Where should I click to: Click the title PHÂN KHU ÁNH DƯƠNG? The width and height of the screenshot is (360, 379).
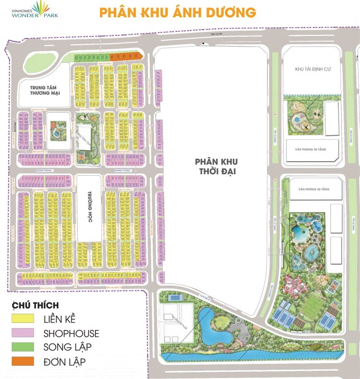pyautogui.click(x=178, y=12)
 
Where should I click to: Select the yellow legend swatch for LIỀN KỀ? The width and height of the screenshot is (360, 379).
pyautogui.click(x=23, y=319)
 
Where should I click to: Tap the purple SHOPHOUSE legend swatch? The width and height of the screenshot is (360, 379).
pyautogui.click(x=23, y=333)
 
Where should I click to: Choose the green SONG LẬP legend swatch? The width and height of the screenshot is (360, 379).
pyautogui.click(x=23, y=347)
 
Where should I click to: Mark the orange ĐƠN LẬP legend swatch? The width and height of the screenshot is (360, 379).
pyautogui.click(x=23, y=361)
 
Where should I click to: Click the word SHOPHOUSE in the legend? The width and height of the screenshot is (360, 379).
pyautogui.click(x=71, y=333)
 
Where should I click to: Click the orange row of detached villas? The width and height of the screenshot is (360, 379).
pyautogui.click(x=127, y=57)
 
